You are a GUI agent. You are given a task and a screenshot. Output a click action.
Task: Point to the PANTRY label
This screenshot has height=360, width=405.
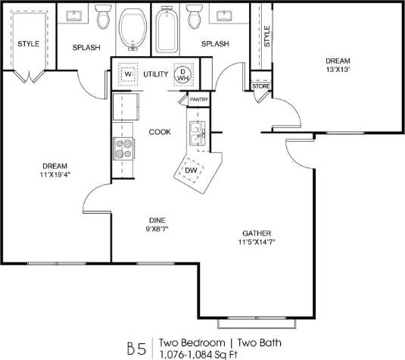point(199,99)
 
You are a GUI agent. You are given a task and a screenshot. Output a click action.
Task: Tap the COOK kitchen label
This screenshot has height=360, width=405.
point(159,132)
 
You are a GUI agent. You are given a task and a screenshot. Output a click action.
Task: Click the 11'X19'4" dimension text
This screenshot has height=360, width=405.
point(55,175)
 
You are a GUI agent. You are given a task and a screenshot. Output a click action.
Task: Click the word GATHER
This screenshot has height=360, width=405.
point(257,233)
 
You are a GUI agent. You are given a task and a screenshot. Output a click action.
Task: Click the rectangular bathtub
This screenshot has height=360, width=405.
point(164,30)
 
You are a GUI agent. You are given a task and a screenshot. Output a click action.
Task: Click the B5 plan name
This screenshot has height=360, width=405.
point(136,349)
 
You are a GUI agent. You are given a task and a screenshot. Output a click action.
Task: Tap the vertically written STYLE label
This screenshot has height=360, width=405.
point(266,36)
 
